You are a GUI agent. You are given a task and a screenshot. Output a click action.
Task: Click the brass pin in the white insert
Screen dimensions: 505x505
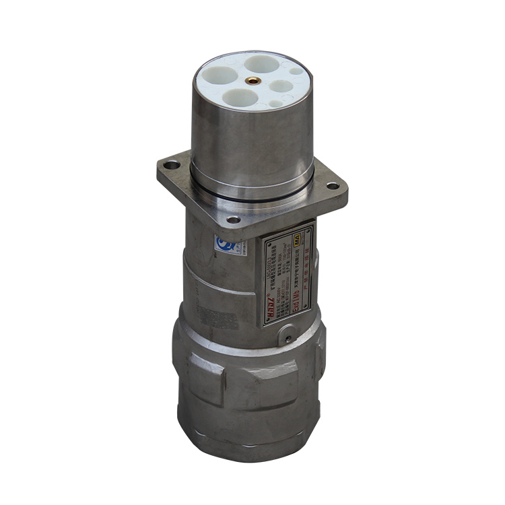254,80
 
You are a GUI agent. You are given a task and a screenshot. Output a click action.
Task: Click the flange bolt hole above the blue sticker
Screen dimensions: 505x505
232,220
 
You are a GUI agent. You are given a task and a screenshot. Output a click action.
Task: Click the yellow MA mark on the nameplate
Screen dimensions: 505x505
309,232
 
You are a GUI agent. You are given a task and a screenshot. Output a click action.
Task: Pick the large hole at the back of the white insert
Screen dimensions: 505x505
259,63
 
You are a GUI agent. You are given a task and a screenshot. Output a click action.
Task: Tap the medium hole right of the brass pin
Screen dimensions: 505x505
279,86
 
